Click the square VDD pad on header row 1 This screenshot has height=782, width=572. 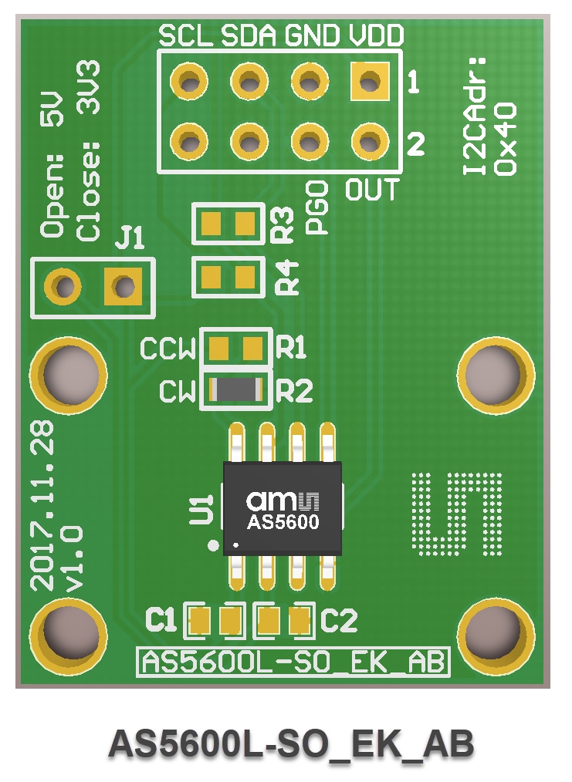(x=370, y=80)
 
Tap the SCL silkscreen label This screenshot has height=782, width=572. (x=185, y=35)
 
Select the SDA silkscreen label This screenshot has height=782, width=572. (x=249, y=35)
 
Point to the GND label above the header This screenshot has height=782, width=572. (x=312, y=35)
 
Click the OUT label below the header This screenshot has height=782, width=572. (x=372, y=190)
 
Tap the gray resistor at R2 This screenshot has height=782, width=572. (x=236, y=391)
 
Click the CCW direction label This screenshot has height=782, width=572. (x=168, y=351)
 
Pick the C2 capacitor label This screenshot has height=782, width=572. (x=339, y=619)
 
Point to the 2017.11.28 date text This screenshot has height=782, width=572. (x=43, y=505)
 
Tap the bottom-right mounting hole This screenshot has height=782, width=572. (x=495, y=633)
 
